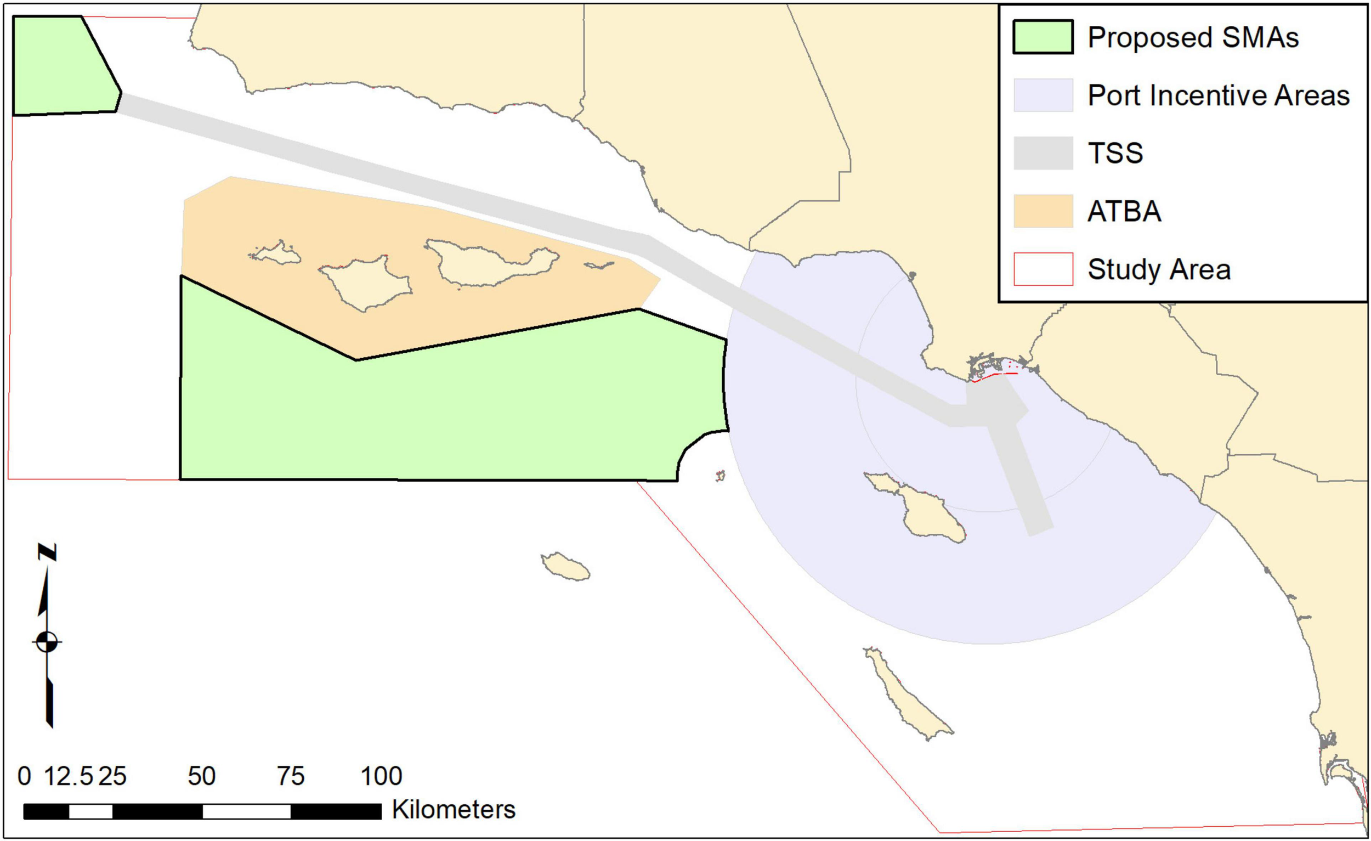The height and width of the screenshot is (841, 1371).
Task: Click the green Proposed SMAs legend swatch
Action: point(1043,37)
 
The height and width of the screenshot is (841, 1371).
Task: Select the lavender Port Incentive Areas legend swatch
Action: point(1043,95)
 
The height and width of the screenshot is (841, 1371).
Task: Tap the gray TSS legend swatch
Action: point(1043,153)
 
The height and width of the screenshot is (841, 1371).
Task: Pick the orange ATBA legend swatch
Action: point(1043,211)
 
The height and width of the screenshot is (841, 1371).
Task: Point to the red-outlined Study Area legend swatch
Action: point(1043,269)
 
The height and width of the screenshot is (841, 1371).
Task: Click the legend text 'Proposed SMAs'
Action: point(1193,38)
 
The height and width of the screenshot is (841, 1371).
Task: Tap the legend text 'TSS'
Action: point(1115,153)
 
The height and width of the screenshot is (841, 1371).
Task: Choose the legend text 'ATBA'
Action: point(1125,212)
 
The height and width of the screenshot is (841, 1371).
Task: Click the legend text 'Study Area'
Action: point(1159,269)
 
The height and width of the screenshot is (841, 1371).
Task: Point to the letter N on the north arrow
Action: point(47,552)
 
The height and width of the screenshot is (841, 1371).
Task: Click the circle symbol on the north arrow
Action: point(47,642)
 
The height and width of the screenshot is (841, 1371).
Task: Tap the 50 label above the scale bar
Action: point(201,776)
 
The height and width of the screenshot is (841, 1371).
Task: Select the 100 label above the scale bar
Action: point(381,776)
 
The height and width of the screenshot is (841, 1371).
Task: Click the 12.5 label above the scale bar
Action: point(68,776)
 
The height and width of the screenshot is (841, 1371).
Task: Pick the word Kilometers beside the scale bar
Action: point(454,809)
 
